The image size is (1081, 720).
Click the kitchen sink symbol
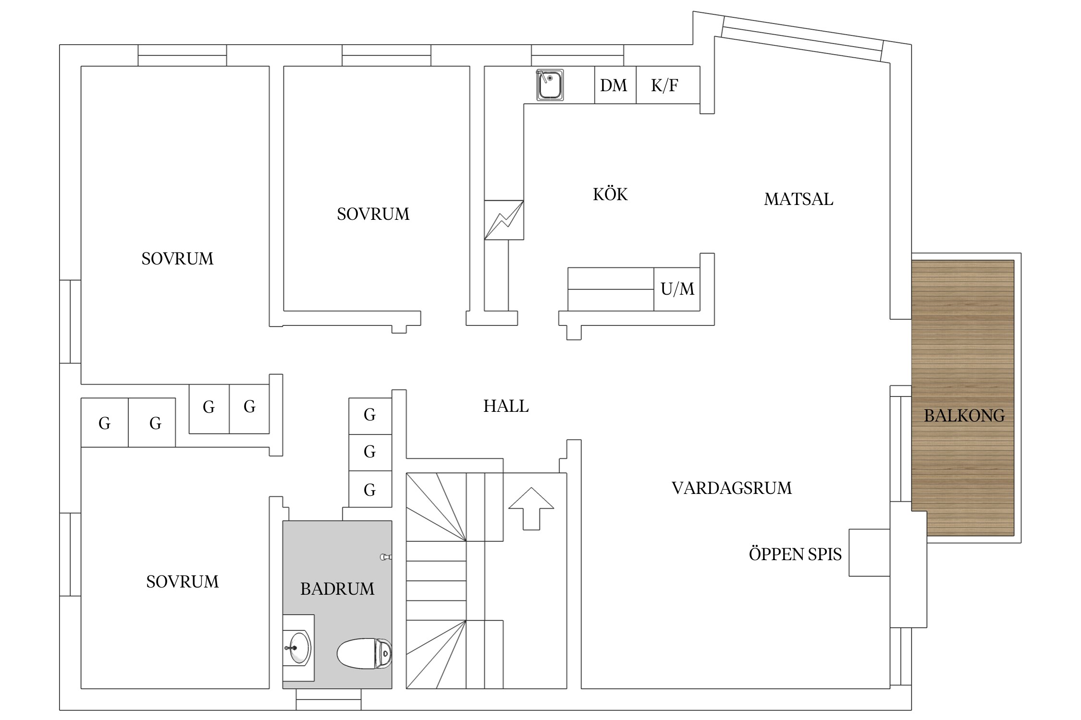[550, 85]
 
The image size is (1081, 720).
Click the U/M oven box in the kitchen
[677, 289]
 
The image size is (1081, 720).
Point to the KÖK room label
[610, 194]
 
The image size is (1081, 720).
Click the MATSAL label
[798, 199]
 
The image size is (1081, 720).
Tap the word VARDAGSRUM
[731, 488]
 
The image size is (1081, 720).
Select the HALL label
[506, 406]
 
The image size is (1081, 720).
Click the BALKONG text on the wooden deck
[964, 416]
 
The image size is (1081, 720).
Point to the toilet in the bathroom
[364, 653]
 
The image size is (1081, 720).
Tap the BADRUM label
[337, 589]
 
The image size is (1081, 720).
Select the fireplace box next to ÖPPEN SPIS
[869, 552]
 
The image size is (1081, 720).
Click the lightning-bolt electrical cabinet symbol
[504, 220]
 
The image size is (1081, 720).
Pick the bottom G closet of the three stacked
[369, 490]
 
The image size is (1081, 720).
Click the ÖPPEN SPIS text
[795, 554]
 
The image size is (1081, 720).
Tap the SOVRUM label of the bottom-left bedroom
[182, 582]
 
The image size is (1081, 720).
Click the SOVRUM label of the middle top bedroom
[373, 214]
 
